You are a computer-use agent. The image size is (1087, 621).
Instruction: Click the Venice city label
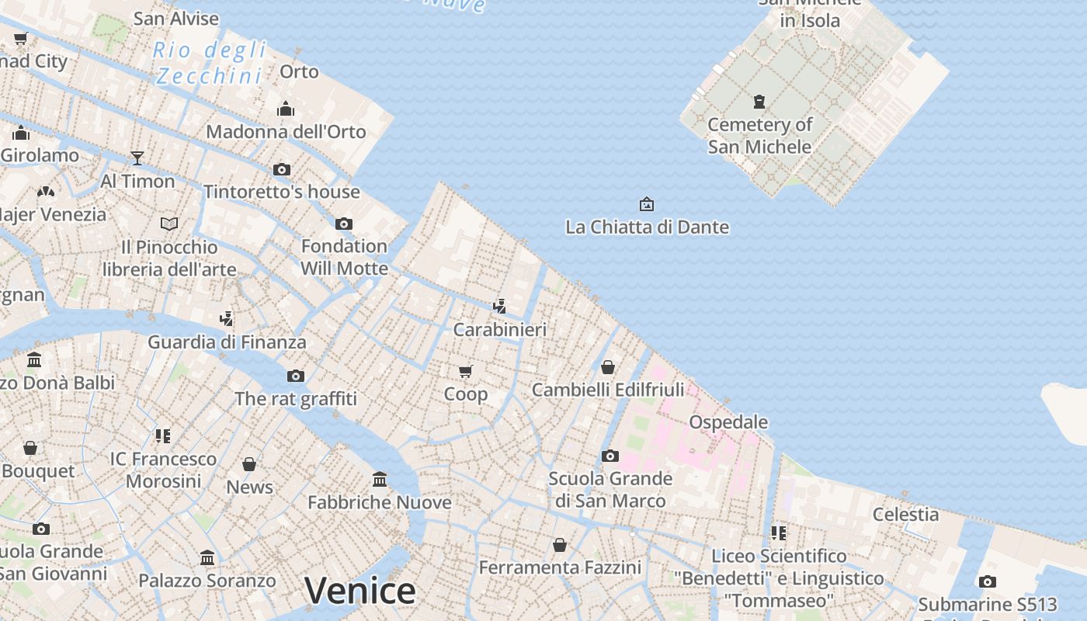359,591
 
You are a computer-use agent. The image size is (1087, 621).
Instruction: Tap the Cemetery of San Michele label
759,135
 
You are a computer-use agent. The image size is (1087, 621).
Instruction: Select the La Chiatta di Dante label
647,227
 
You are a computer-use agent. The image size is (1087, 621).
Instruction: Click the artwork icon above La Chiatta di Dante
646,204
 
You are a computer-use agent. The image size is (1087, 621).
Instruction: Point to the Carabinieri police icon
500,306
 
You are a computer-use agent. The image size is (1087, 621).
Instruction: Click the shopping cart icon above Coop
465,371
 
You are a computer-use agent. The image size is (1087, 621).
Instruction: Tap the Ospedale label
728,422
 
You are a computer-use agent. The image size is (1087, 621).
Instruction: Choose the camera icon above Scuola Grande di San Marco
610,456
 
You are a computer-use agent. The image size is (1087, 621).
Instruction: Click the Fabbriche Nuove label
379,502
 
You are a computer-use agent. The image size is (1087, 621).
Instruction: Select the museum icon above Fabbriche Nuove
380,479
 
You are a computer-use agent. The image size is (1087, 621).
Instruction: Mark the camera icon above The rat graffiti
296,376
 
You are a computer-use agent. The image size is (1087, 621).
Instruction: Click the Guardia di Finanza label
227,342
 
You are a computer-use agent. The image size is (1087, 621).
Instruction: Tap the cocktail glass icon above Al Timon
137,158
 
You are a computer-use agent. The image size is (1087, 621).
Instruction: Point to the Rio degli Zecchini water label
210,63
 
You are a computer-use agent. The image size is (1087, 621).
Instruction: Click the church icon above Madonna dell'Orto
286,109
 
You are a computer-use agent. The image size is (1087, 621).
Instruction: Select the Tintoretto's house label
281,192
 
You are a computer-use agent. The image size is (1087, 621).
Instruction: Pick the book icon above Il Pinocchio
169,224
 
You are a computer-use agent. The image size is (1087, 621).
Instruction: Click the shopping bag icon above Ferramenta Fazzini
559,545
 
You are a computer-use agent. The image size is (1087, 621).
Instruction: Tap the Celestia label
905,514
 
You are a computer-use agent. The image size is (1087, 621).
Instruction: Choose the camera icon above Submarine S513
988,581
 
